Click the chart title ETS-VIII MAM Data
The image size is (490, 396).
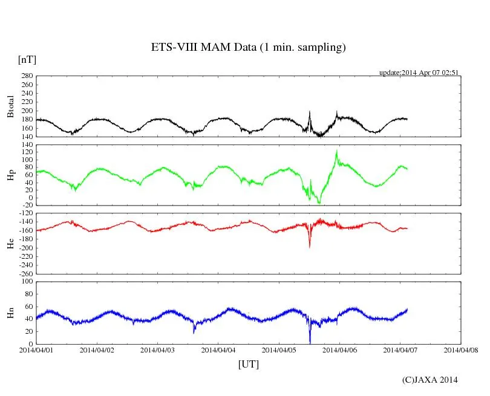point(248,48)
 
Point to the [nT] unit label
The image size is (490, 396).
point(27,59)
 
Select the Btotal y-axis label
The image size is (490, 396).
point(10,106)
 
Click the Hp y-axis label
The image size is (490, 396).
point(10,175)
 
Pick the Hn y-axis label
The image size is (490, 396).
point(10,313)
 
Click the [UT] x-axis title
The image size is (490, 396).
point(249,364)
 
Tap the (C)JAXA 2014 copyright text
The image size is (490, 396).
point(430,380)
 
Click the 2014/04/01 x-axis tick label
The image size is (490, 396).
point(36,349)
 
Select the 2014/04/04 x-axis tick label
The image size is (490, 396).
point(218,349)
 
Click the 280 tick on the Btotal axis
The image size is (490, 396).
point(26,76)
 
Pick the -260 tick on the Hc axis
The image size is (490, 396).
point(24,273)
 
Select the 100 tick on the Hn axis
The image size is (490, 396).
point(26,281)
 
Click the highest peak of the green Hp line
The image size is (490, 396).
point(336,151)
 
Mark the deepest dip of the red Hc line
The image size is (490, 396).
point(310,247)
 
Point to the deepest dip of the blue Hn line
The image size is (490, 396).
point(310,342)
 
